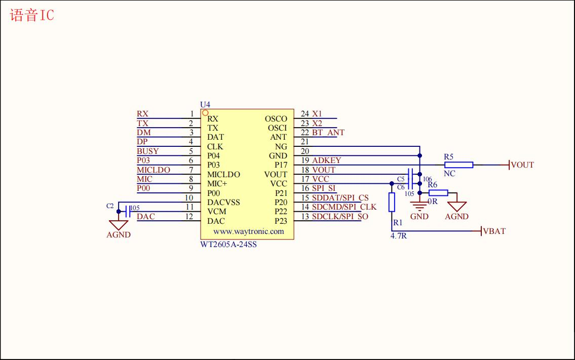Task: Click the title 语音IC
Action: [32, 16]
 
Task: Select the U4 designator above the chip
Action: [205, 104]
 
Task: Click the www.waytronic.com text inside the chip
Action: [248, 231]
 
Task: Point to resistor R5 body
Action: [458, 165]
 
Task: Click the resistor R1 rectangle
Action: [392, 202]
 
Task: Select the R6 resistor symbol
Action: [438, 192]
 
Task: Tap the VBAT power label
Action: [494, 231]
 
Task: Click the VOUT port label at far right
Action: [522, 165]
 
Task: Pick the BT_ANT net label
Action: [328, 133]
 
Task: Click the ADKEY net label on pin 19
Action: [327, 161]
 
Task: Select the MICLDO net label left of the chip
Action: [154, 170]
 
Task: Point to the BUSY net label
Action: [147, 151]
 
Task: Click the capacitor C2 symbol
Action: [127, 209]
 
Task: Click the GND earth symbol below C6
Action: [419, 206]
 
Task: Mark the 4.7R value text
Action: [399, 236]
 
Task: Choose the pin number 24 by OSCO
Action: [305, 114]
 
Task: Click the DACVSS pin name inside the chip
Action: [223, 203]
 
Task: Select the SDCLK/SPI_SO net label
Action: [340, 217]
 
